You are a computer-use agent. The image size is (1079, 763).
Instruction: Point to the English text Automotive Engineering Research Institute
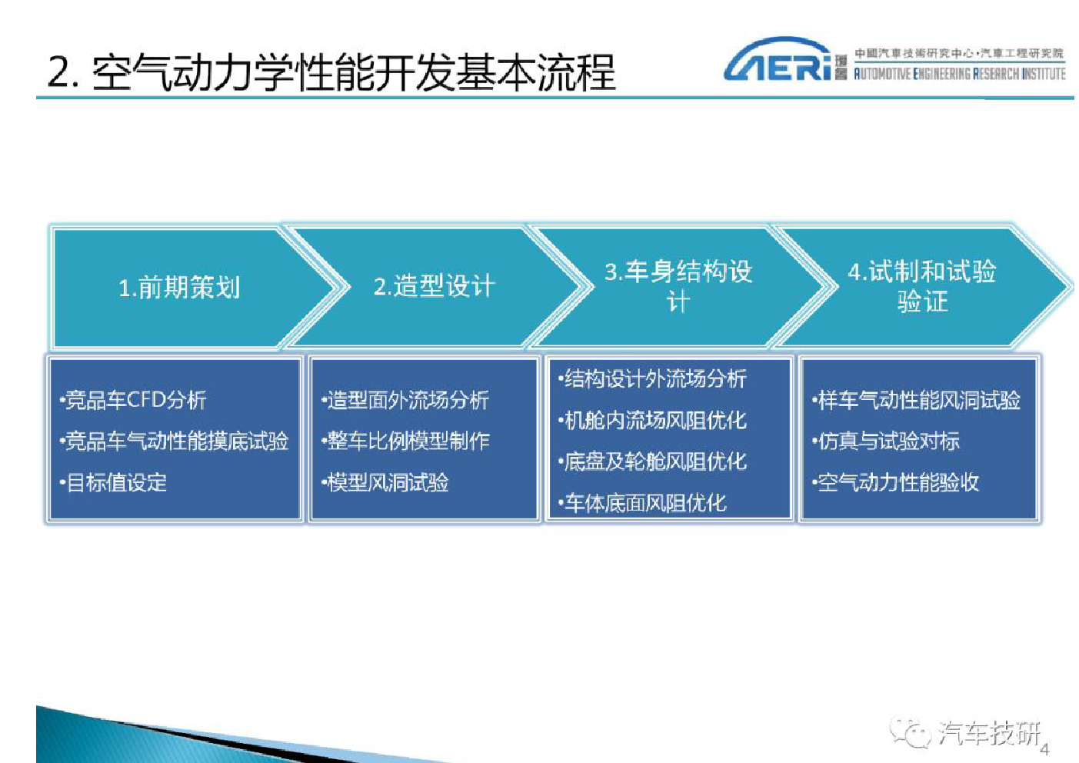tap(960, 74)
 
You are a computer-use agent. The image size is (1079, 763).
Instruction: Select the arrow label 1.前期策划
tap(179, 288)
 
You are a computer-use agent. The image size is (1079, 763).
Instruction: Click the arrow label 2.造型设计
tap(434, 286)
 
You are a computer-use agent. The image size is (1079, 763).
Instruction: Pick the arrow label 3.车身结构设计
tap(678, 286)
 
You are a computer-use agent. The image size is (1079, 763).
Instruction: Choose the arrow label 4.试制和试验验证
tap(922, 286)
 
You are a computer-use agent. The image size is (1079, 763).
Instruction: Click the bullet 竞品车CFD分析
tap(133, 400)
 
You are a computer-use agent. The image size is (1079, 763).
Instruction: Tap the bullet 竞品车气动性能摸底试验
tap(174, 441)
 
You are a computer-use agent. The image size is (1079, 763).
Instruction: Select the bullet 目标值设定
tap(113, 482)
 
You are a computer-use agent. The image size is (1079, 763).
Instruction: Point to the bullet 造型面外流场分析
tap(405, 400)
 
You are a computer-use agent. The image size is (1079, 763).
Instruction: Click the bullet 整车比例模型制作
tap(405, 441)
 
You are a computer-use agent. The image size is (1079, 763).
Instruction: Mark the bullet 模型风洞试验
tap(385, 482)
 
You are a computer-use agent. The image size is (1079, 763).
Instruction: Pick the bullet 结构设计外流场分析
tap(652, 378)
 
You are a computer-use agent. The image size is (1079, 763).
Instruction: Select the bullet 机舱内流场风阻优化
tap(652, 421)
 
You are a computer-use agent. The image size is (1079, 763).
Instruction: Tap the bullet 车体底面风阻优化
tap(642, 503)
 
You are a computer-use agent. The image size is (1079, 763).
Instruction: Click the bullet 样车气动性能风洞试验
tap(916, 400)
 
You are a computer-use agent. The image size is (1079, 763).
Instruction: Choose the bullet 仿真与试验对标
tap(886, 441)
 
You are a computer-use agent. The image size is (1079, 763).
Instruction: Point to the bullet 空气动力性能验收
tap(895, 482)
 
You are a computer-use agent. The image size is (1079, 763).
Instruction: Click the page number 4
tap(1045, 749)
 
